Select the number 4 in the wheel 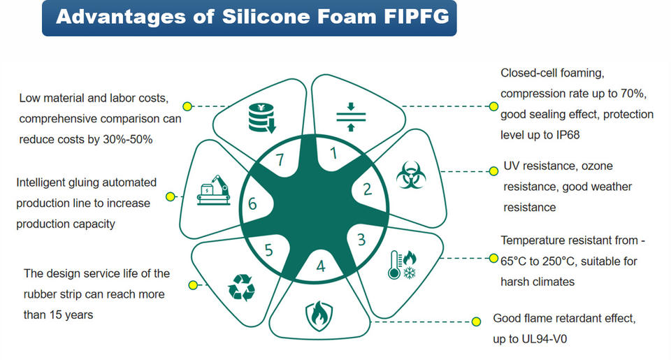click(321, 266)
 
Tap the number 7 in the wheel click(280, 160)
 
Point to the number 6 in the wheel click(253, 205)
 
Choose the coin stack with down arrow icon click(262, 119)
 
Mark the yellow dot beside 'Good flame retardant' click(476, 322)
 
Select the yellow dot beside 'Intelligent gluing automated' click(169, 197)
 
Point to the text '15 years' click(69, 315)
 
